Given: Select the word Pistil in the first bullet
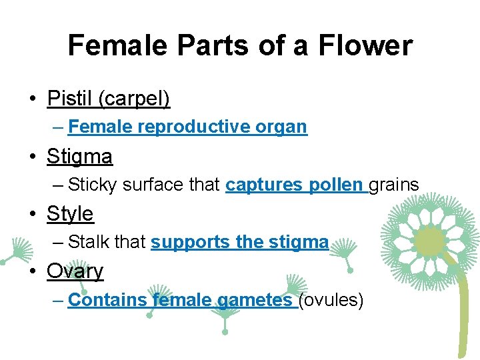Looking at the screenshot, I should tap(70, 99).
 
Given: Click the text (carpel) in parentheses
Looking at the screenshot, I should tap(134, 99).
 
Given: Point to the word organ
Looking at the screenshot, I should tap(282, 127).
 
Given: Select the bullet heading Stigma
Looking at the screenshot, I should tap(79, 157).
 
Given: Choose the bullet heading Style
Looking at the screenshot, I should tap(70, 214).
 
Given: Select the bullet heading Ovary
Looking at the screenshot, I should tap(75, 271).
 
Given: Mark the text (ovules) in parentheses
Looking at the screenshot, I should tap(331, 300).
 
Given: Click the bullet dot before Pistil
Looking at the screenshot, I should tap(31, 100).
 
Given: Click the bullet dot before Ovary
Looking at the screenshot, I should tap(31, 272).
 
